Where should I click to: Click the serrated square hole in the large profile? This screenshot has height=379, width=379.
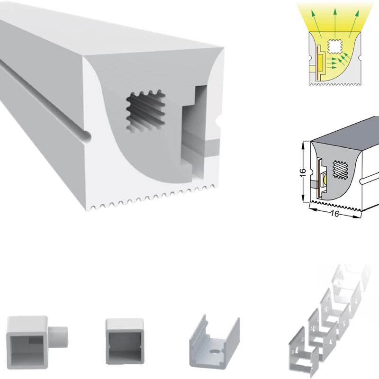click(146, 111)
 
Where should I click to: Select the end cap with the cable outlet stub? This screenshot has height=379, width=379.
click(37, 342)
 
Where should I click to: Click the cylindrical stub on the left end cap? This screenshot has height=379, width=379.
click(58, 337)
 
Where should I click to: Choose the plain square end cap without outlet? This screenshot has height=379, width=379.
click(125, 341)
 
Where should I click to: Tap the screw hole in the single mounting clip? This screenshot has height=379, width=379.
click(214, 351)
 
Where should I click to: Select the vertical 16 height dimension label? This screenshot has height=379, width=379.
click(303, 172)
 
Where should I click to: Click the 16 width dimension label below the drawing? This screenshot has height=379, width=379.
click(334, 214)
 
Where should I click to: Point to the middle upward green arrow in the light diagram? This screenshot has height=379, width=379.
click(335, 23)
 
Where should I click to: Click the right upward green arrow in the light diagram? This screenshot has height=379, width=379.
click(354, 24)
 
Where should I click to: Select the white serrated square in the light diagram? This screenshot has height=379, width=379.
click(335, 46)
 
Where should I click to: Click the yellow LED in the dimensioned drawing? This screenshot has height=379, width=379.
click(325, 180)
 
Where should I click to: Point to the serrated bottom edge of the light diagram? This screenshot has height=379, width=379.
click(335, 84)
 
